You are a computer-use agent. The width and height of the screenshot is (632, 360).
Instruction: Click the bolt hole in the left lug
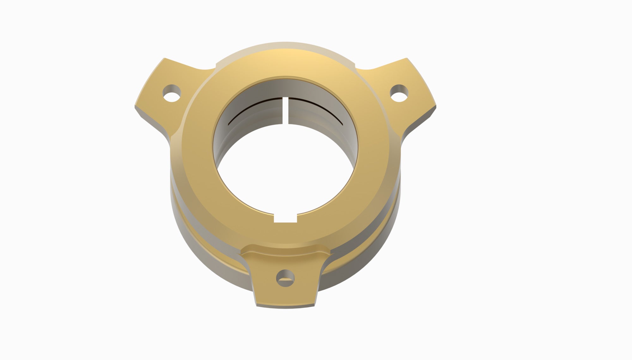click(172, 94)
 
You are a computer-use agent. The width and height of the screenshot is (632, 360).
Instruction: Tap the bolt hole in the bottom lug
click(285, 278)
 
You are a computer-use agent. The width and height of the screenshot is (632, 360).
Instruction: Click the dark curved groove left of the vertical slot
click(253, 108)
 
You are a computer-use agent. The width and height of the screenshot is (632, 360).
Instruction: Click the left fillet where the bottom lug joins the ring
click(248, 253)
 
